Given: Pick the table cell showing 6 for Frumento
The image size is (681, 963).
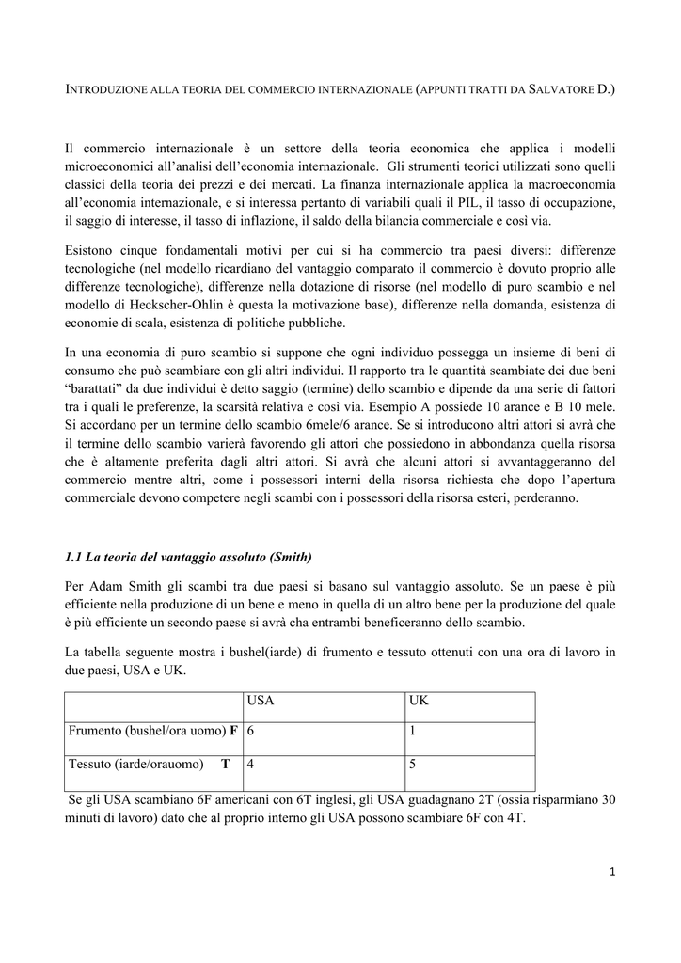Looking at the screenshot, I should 251,732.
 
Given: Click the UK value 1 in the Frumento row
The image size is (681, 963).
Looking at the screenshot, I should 413,732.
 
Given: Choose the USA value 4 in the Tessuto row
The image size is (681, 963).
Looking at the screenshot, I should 251,764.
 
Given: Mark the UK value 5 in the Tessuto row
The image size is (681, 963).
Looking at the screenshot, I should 413,764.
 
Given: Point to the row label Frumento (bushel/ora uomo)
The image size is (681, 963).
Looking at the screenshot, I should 150,732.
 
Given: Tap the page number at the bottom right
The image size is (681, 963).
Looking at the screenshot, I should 612,872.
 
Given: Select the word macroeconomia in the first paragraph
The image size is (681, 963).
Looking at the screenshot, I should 570,184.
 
